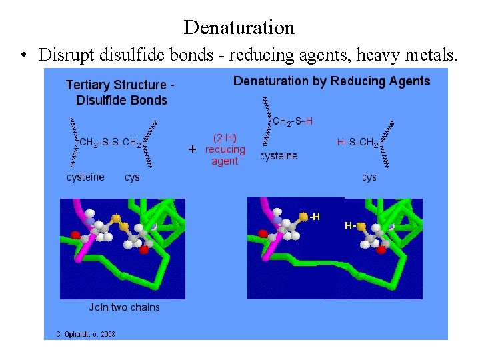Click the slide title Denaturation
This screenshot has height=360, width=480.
click(239, 27)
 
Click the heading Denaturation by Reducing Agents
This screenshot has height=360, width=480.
click(331, 81)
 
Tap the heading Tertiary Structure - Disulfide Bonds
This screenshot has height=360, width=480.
click(121, 93)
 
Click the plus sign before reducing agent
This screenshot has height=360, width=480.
click(193, 150)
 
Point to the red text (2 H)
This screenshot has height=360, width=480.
click(225, 138)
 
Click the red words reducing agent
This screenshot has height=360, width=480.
click(225, 155)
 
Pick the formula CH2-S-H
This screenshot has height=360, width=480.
click(293, 121)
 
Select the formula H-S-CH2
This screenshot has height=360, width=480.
click(358, 142)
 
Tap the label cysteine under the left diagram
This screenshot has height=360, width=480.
click(85, 177)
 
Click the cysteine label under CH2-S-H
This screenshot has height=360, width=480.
click(279, 156)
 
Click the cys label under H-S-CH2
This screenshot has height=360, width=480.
click(369, 177)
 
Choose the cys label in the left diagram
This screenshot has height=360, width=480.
click(132, 177)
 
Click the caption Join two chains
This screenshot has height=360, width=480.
click(125, 307)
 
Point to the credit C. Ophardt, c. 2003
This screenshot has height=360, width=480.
click(81, 333)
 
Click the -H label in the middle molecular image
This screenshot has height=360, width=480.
click(313, 216)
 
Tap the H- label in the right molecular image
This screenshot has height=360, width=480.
click(349, 226)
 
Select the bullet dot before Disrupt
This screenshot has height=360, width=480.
click(23, 56)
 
